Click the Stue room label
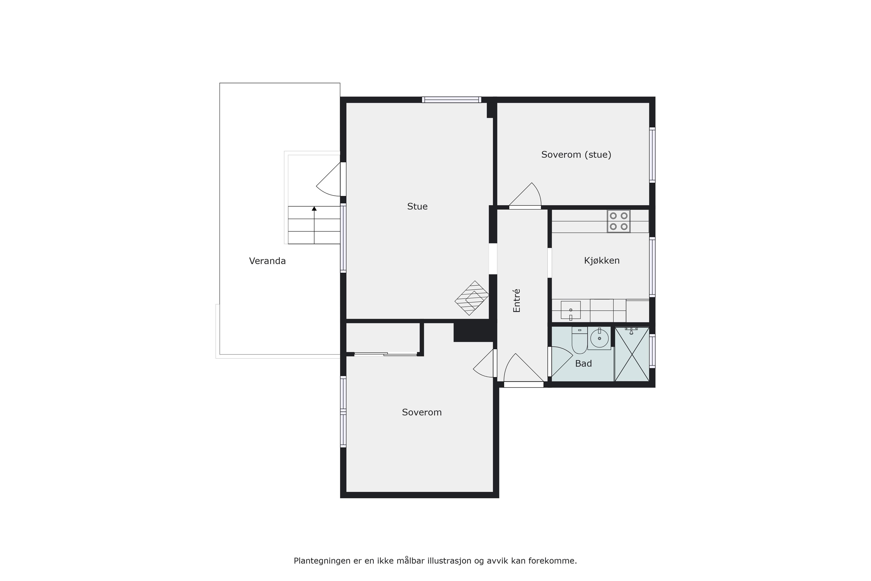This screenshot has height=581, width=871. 417,206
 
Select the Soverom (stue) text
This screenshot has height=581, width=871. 576,155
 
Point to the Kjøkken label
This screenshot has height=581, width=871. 602,261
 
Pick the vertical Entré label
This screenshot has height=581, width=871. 517,300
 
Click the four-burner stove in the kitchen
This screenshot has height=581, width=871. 619,221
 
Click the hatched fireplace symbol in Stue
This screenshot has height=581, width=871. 472,298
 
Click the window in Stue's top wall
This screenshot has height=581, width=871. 451,99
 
